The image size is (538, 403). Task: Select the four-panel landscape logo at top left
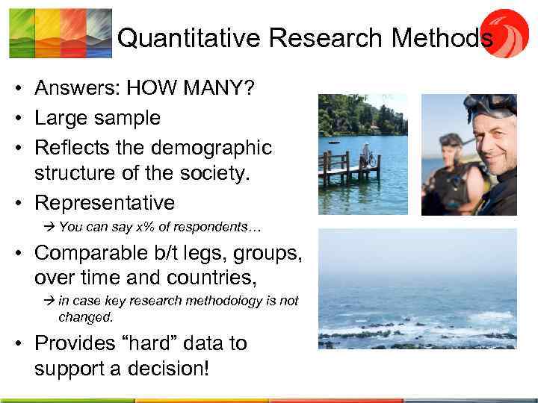[61, 33]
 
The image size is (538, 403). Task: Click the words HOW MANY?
[191, 89]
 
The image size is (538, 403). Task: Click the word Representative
[105, 202]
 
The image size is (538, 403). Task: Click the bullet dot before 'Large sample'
[16, 118]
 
